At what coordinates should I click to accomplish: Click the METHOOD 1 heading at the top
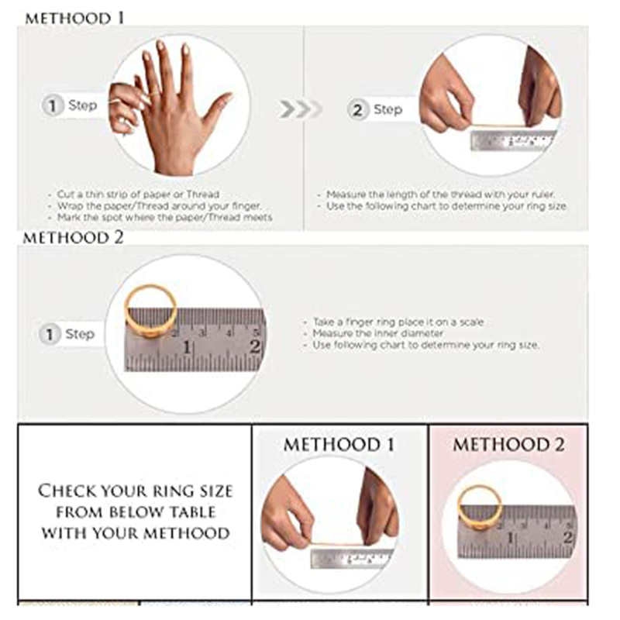coord(74,18)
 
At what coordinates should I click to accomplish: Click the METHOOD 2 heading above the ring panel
coord(73,238)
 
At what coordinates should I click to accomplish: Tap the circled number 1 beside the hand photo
coord(52,105)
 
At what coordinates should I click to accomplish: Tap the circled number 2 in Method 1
coord(357,109)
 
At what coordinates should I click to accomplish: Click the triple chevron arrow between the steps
coord(300,109)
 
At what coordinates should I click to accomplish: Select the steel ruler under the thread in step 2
coord(513,140)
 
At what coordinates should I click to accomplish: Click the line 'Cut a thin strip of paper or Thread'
coord(138,195)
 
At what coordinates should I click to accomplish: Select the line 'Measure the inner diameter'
coord(377,333)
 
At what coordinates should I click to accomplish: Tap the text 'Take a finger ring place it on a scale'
coord(398,322)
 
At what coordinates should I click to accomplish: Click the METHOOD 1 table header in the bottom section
coord(339,444)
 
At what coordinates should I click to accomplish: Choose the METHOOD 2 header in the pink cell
coord(508,444)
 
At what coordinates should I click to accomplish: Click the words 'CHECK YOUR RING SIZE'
coord(135,491)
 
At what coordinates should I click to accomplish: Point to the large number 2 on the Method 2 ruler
coord(255,347)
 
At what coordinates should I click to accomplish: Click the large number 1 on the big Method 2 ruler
coord(187,347)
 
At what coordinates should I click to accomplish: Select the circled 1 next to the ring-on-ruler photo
coord(50,334)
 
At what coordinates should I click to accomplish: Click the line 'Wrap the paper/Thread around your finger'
coord(159,206)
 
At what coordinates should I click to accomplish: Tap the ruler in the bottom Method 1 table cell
coord(352,559)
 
